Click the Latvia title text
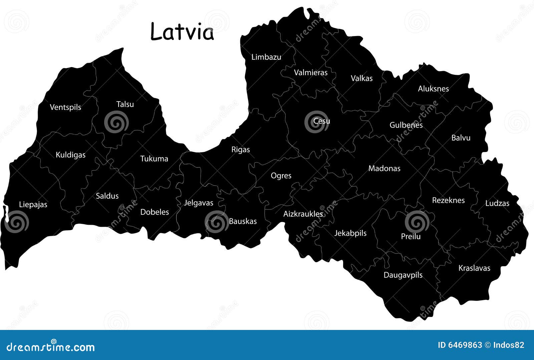[182, 32]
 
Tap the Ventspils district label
[65, 107]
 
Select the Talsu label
[125, 104]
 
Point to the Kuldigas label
[70, 155]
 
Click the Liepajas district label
[33, 204]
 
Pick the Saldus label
[107, 196]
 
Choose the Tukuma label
[154, 159]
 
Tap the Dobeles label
[155, 212]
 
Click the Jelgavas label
[199, 203]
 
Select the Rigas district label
[241, 150]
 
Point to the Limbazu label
[266, 57]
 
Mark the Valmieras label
[311, 72]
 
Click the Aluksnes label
[433, 88]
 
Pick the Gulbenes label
[406, 125]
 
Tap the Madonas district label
[384, 168]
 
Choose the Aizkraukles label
[303, 214]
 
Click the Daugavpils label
[403, 275]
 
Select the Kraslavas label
[474, 268]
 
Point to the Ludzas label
[497, 203]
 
